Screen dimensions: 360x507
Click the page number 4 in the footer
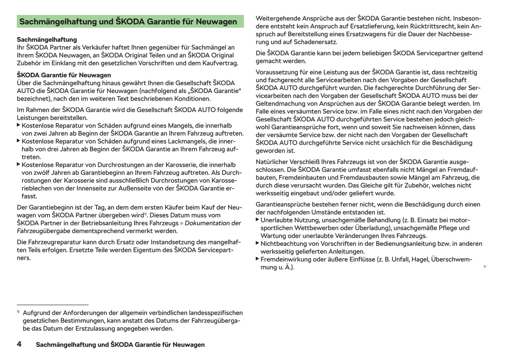19,344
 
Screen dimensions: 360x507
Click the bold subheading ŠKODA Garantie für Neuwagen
64,75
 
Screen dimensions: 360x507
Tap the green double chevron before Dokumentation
182,223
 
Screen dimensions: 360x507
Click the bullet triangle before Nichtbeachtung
258,243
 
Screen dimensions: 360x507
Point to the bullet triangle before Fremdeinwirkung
258,259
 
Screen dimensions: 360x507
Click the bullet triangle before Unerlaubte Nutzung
258,220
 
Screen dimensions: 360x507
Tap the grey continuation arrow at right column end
485,267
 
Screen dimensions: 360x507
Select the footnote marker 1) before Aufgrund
18,312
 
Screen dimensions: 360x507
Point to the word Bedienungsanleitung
402,244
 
